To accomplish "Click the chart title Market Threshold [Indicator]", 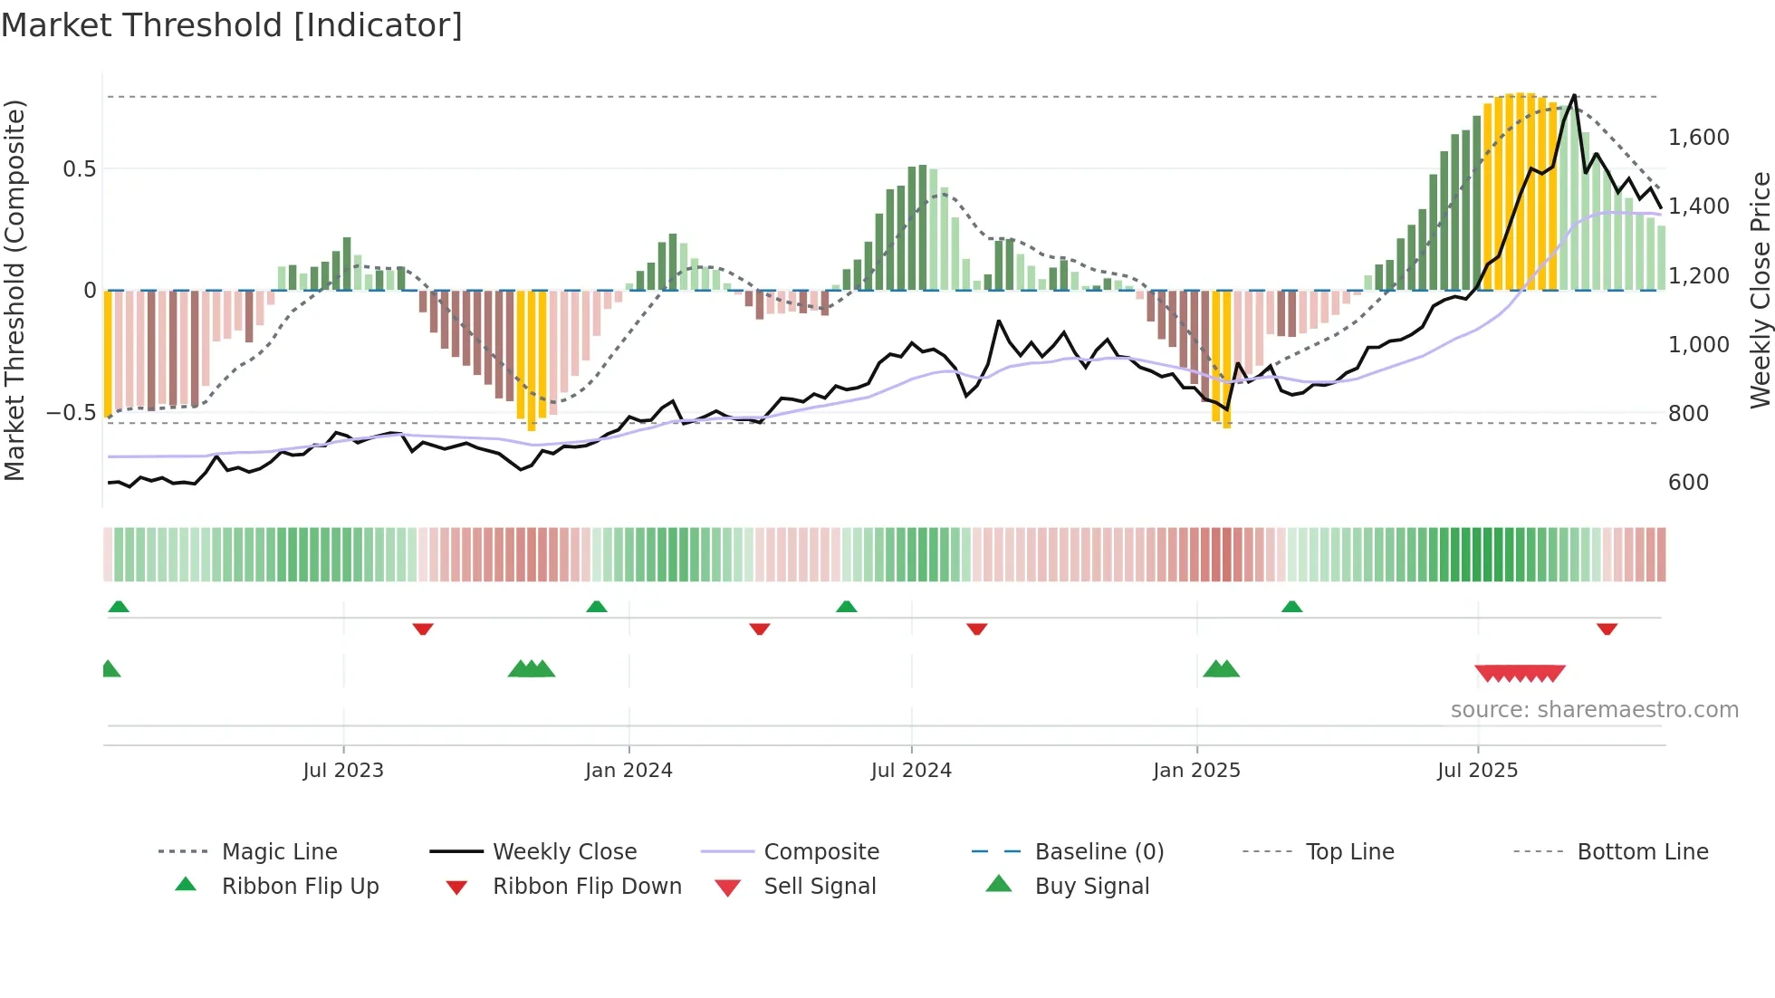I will click(x=232, y=25).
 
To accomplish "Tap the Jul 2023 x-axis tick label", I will click(x=343, y=771).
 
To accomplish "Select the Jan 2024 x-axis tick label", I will click(x=628, y=771).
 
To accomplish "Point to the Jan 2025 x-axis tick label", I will click(x=1196, y=771).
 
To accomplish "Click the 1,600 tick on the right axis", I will click(x=1698, y=138).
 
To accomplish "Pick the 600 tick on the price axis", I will click(x=1688, y=483).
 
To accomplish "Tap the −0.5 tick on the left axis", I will click(x=71, y=413).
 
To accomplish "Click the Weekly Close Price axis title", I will click(x=1760, y=290).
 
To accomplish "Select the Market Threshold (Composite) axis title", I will click(x=14, y=290).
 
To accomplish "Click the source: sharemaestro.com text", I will click(x=1594, y=710).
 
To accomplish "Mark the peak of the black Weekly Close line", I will click(x=1574, y=95).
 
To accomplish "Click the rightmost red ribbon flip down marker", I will click(x=1607, y=629).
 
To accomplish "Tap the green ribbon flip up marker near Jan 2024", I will click(x=597, y=607).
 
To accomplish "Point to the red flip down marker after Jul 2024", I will click(x=976, y=629).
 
